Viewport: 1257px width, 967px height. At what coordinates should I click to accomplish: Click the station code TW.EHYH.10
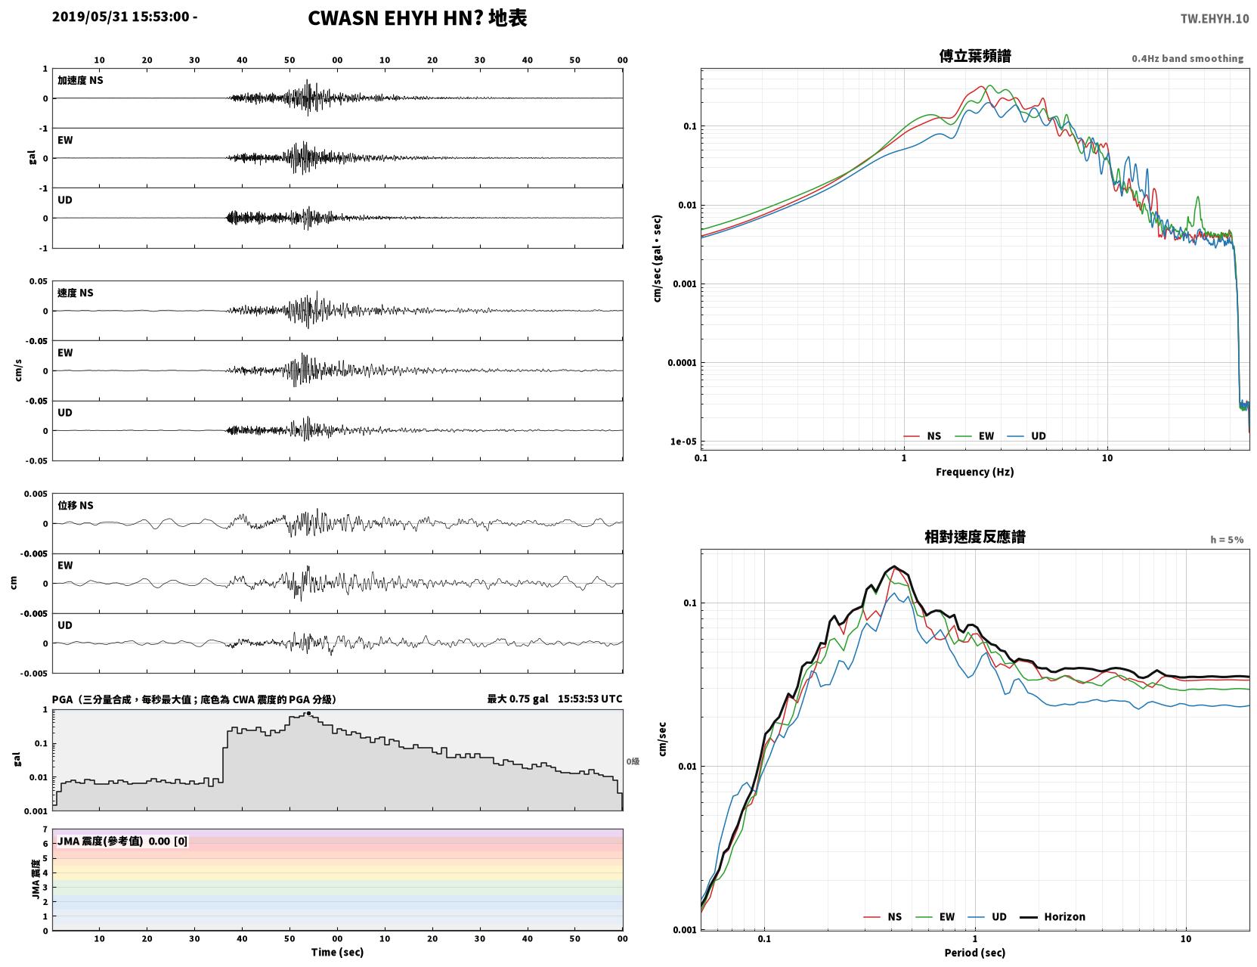pyautogui.click(x=1214, y=18)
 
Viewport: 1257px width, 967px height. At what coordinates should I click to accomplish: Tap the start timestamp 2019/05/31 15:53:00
pyautogui.click(x=121, y=16)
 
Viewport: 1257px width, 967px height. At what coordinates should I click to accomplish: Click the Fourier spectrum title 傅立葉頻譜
pyautogui.click(x=975, y=56)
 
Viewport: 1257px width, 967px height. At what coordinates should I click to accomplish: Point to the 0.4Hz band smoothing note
pyautogui.click(x=1187, y=58)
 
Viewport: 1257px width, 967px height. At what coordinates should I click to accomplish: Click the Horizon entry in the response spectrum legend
pyautogui.click(x=1064, y=916)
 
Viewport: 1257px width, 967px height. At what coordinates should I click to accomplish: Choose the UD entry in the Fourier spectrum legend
pyautogui.click(x=1039, y=436)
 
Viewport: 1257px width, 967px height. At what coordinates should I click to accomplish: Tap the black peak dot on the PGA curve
pyautogui.click(x=308, y=713)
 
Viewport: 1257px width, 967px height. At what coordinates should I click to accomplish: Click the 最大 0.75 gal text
pyautogui.click(x=517, y=699)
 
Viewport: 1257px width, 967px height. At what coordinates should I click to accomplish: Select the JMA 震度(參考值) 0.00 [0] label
pyautogui.click(x=122, y=841)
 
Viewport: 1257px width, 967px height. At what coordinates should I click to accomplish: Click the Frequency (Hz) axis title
pyautogui.click(x=975, y=472)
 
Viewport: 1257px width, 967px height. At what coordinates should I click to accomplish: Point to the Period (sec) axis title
pyautogui.click(x=975, y=953)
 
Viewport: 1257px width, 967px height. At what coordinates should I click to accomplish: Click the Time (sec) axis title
pyautogui.click(x=337, y=952)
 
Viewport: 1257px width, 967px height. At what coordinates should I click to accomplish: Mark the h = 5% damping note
pyautogui.click(x=1226, y=540)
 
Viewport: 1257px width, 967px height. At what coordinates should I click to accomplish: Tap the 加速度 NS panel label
pyautogui.click(x=80, y=80)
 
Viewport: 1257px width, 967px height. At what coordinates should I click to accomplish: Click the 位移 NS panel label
pyautogui.click(x=75, y=506)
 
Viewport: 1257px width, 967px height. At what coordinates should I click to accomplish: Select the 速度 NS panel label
pyautogui.click(x=75, y=293)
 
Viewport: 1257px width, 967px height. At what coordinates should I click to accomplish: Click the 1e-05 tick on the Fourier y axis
pyautogui.click(x=683, y=442)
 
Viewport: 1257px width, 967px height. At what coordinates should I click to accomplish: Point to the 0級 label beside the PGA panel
pyautogui.click(x=632, y=761)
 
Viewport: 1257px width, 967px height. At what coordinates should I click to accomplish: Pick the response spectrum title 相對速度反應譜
pyautogui.click(x=975, y=537)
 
